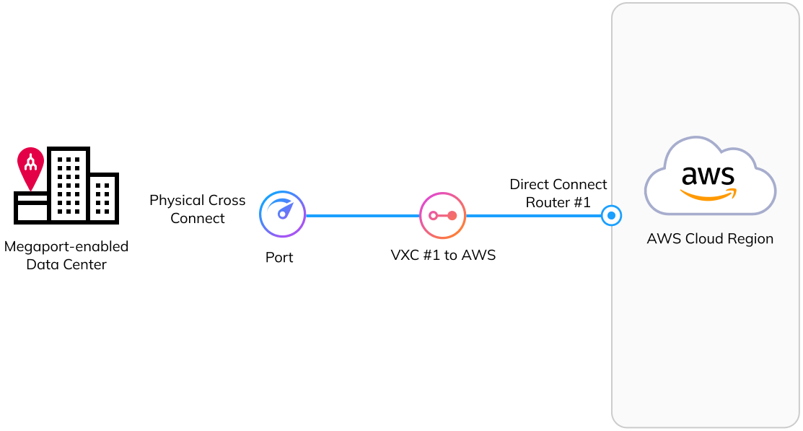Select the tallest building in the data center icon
click(69, 184)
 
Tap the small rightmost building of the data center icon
click(103, 198)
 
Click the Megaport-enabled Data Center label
click(66, 256)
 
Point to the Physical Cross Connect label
click(197, 209)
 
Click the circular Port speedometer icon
click(282, 214)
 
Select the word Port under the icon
click(279, 258)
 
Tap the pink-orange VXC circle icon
click(442, 215)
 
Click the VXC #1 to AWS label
click(442, 256)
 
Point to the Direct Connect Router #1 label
click(558, 193)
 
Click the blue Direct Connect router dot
click(611, 215)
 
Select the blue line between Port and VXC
click(362, 215)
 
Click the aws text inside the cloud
click(708, 175)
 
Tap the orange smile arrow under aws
click(708, 194)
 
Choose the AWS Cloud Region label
click(709, 239)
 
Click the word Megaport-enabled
click(66, 247)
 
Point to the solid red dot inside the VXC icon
click(452, 215)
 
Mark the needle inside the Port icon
click(285, 212)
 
